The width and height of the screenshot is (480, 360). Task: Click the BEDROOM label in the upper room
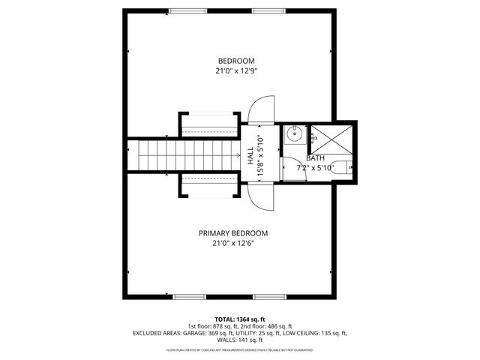pos(236,61)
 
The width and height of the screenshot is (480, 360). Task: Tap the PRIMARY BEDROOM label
pos(232,233)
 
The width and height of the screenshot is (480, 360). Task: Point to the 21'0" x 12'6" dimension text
pos(232,243)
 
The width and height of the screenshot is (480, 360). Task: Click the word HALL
pos(250,156)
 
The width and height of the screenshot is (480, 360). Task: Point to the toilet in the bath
pos(341,167)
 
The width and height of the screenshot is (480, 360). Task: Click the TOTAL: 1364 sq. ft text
pos(239,319)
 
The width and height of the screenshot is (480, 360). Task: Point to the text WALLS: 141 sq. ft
pos(240,339)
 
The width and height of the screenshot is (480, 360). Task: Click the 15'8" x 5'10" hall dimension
pos(259,156)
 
